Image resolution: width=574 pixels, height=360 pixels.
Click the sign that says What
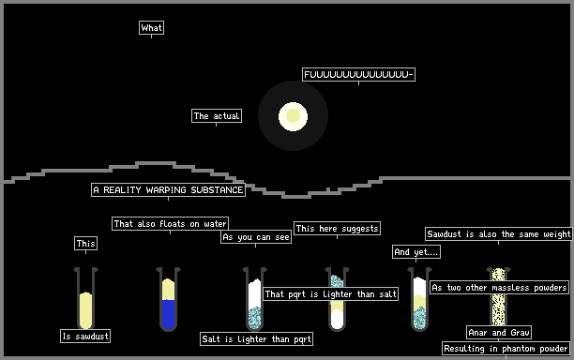(x=152, y=28)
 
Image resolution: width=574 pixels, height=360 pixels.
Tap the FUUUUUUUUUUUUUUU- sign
(x=358, y=75)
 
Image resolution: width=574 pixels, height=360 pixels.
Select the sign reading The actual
(x=217, y=116)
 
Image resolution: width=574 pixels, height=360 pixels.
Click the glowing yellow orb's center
(x=293, y=116)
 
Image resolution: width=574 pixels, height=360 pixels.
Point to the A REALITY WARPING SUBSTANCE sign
(x=169, y=190)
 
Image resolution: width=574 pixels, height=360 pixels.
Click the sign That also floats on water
(x=170, y=223)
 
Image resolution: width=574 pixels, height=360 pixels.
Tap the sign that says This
(x=86, y=244)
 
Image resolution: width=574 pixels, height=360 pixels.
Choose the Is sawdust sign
(x=85, y=336)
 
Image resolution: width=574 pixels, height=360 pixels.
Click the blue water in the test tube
(x=168, y=313)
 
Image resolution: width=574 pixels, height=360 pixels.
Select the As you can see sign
(x=256, y=237)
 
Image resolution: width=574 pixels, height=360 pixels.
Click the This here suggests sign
(x=337, y=229)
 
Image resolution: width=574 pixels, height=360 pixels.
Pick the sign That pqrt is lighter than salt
(x=330, y=293)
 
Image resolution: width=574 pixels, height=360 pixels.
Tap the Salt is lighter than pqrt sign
(x=257, y=338)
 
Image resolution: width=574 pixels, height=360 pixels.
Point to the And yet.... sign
(x=416, y=251)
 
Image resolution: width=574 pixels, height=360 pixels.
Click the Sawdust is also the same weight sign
(x=499, y=233)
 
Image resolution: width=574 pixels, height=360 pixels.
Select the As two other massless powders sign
(x=500, y=287)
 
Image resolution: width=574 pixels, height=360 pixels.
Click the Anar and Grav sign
(x=499, y=333)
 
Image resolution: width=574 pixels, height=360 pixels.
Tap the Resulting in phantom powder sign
(x=506, y=349)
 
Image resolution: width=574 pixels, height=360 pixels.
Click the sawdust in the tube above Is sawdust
(x=85, y=310)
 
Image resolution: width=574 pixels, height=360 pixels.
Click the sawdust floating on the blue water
(x=168, y=289)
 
